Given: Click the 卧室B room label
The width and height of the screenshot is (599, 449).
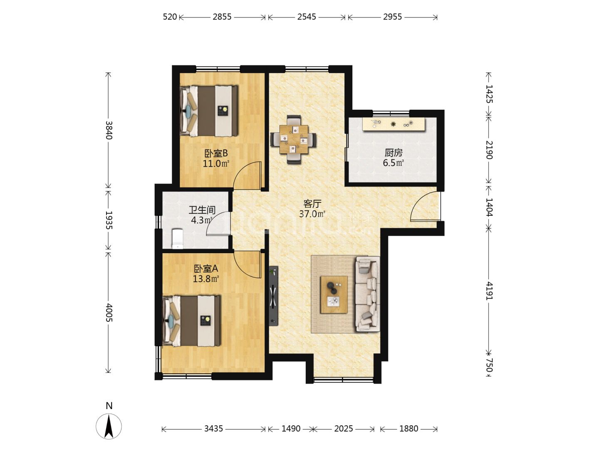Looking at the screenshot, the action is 216,153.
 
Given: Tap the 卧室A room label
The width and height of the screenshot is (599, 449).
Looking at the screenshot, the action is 206,269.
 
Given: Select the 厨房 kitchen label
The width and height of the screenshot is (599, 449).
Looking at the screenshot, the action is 393,153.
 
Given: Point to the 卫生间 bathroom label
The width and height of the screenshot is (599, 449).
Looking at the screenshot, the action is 202,210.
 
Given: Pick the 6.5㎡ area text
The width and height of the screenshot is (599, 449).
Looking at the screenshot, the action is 393,163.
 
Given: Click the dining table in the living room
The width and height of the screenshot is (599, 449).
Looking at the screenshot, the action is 293,139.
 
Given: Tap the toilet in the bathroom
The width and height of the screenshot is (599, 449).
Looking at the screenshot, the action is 178,239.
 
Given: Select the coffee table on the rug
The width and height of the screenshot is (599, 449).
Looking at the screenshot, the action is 334,295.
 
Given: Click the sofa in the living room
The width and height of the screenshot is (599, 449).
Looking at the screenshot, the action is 367,294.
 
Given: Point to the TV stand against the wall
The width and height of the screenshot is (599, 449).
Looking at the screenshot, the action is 273,296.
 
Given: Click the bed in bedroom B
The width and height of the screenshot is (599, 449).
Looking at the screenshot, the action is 209,111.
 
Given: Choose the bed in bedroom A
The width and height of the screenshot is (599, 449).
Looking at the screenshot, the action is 191,321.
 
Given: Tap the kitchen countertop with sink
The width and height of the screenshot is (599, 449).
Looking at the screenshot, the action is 394,124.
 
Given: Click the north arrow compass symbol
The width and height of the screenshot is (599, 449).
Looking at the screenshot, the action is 109,426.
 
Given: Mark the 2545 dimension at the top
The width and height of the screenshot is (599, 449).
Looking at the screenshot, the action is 307,17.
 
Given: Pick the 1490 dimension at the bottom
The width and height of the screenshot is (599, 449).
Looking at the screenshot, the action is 291,429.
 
